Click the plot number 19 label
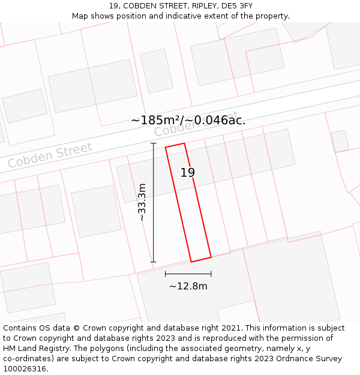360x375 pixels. [x=188, y=173]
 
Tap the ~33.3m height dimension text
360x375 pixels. [x=142, y=203]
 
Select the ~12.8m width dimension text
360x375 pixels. [x=188, y=286]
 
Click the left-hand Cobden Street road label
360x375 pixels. [x=50, y=155]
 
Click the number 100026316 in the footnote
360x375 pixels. [x=25, y=369]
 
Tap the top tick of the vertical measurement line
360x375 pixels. [x=153, y=143]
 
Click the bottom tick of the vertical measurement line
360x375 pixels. [x=153, y=262]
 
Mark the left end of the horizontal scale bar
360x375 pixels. [x=166, y=274]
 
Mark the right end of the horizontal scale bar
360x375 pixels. [x=211, y=274]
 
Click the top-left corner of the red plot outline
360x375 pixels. [x=166, y=146]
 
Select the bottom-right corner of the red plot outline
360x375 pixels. [x=211, y=257]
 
